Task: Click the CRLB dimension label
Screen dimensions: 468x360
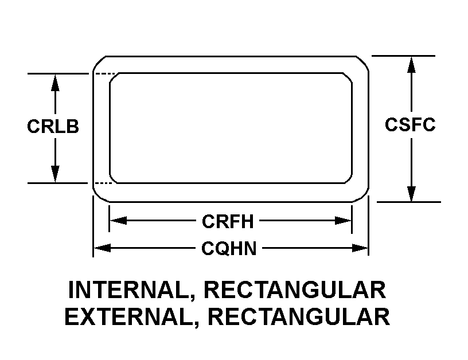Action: tap(53, 126)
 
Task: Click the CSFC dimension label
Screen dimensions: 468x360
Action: tap(410, 124)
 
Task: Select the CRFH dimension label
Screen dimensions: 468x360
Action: tap(228, 221)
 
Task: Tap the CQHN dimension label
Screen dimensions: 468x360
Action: tap(229, 248)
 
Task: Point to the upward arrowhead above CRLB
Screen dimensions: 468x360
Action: tap(55, 83)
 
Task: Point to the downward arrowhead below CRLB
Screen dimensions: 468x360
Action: tap(55, 174)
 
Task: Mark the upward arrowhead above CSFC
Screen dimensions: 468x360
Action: tap(411, 65)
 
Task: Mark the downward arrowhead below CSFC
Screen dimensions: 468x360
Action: tap(411, 194)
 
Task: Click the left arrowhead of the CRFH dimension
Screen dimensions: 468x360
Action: tap(119, 221)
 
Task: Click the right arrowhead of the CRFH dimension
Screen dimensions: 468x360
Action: tap(343, 221)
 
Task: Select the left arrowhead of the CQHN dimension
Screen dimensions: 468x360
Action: tap(102, 248)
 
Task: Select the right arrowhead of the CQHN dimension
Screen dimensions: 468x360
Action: tap(360, 248)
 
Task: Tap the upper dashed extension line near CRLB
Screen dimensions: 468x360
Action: tap(105, 73)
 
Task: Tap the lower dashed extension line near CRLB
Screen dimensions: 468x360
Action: tap(103, 183)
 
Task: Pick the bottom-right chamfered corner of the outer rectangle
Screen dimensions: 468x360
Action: tap(362, 195)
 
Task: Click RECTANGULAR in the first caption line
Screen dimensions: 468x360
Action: tap(295, 290)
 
